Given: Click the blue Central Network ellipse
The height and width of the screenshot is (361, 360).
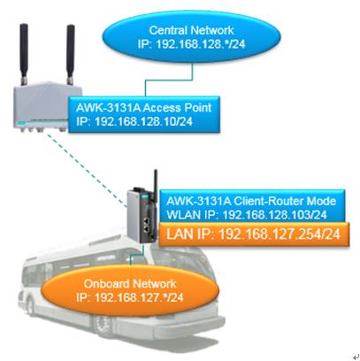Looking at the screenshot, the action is (191, 36).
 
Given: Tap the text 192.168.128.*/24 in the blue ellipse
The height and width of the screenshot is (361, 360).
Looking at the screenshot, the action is (201, 44).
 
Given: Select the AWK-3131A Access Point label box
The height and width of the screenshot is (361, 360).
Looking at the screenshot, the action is (144, 114).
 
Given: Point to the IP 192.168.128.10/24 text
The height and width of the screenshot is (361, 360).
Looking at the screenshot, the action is (134, 121).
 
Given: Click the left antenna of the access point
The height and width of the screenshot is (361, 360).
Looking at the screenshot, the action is (24, 54).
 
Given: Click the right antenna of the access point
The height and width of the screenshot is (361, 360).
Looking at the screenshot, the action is (70, 55).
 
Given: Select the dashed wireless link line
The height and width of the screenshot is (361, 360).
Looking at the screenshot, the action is (86, 169).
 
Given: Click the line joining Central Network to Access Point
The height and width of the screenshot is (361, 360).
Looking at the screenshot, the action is (169, 80).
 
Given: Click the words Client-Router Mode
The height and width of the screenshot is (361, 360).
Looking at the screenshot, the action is (285, 201).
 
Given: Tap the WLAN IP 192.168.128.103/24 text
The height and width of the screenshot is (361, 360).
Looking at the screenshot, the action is (247, 214).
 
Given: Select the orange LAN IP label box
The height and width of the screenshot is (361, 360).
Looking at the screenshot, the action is (254, 234).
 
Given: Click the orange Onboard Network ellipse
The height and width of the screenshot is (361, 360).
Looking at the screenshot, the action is (130, 290).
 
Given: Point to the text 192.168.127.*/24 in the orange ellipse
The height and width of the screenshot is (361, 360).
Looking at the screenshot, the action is (139, 297).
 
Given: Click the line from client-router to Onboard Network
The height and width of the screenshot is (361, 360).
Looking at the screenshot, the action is (137, 254).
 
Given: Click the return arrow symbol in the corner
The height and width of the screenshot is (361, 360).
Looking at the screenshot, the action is (356, 357).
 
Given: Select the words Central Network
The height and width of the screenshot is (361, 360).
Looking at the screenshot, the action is (191, 30).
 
